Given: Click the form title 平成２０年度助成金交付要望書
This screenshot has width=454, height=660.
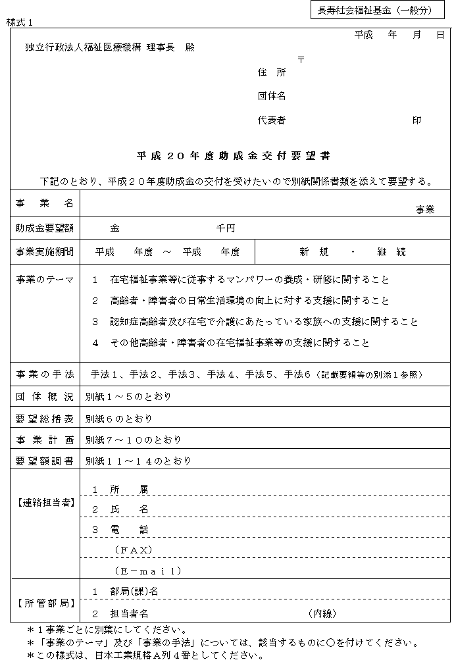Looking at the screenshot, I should (233, 157).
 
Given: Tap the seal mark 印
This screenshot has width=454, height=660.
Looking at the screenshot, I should (416, 120).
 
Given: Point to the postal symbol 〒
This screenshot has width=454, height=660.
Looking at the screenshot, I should (301, 59).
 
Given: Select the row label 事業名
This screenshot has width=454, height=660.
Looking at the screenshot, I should (45, 204).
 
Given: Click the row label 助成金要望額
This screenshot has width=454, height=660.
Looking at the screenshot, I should (45, 228).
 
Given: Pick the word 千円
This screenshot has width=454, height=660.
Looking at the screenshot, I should (226, 228).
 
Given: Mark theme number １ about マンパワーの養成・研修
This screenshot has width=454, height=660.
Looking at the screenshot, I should (95, 280).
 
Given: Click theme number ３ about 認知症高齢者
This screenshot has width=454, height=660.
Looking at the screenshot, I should (95, 322).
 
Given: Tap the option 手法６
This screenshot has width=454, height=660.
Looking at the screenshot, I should (299, 374).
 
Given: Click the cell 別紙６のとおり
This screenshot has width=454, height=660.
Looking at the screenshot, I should (118, 419).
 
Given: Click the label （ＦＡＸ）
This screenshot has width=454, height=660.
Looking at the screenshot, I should (134, 549).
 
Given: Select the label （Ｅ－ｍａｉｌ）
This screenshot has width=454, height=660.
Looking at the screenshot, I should (148, 571).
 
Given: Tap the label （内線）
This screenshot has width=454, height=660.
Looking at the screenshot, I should (322, 613).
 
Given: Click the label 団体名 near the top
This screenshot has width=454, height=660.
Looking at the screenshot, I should (272, 96).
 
